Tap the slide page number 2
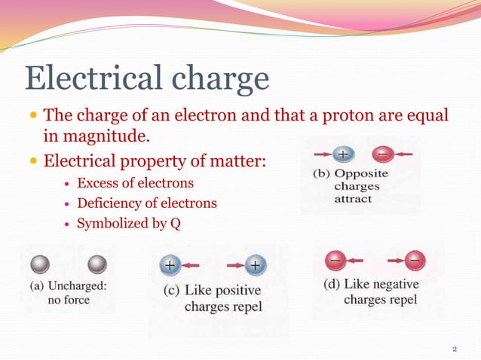click(x=455, y=349)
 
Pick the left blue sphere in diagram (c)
click(x=170, y=265)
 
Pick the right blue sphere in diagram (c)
click(x=256, y=265)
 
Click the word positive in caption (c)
click(x=235, y=291)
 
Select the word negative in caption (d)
click(x=403, y=285)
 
